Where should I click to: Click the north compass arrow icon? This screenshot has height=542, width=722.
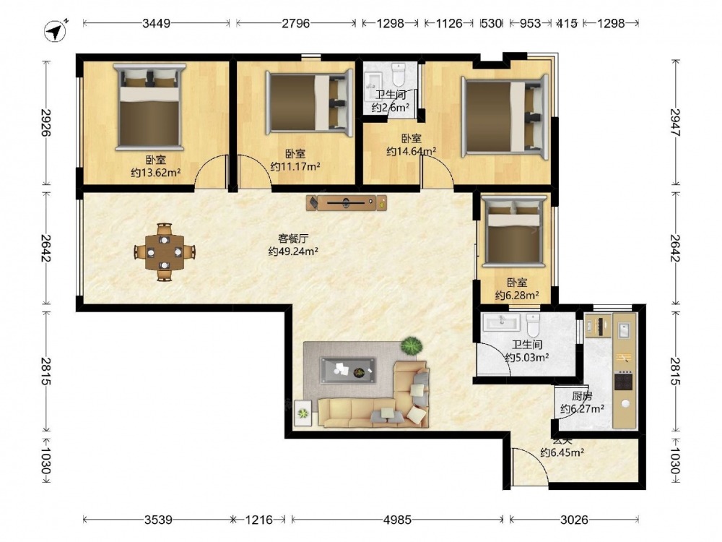point(56,31)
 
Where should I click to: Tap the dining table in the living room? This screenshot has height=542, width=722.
point(165,252)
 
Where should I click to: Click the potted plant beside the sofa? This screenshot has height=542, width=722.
point(412,345)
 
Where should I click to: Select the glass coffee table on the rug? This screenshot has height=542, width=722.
point(348,370)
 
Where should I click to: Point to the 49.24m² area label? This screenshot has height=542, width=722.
point(293,251)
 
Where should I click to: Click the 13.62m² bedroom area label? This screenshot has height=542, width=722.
point(156,173)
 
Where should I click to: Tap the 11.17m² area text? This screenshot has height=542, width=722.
point(295,166)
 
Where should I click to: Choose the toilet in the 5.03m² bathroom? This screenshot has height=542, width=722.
point(533,325)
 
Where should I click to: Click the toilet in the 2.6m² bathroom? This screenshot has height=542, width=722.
point(398,73)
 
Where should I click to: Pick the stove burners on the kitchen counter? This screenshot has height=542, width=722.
point(624,381)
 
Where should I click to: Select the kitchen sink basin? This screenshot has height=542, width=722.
point(625,331)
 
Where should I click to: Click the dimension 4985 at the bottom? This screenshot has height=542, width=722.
point(397,520)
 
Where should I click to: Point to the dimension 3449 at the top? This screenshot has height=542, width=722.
point(156,23)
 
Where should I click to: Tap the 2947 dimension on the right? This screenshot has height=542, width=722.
point(675,122)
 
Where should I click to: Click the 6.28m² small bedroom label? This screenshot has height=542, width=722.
point(517,296)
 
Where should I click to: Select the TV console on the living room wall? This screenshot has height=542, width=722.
point(347,202)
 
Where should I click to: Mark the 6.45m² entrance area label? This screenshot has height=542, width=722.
point(562,452)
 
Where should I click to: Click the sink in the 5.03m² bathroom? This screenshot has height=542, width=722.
point(502,322)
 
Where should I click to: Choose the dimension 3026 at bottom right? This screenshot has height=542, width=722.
point(574,520)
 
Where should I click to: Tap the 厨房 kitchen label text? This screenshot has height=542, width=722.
point(582,396)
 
